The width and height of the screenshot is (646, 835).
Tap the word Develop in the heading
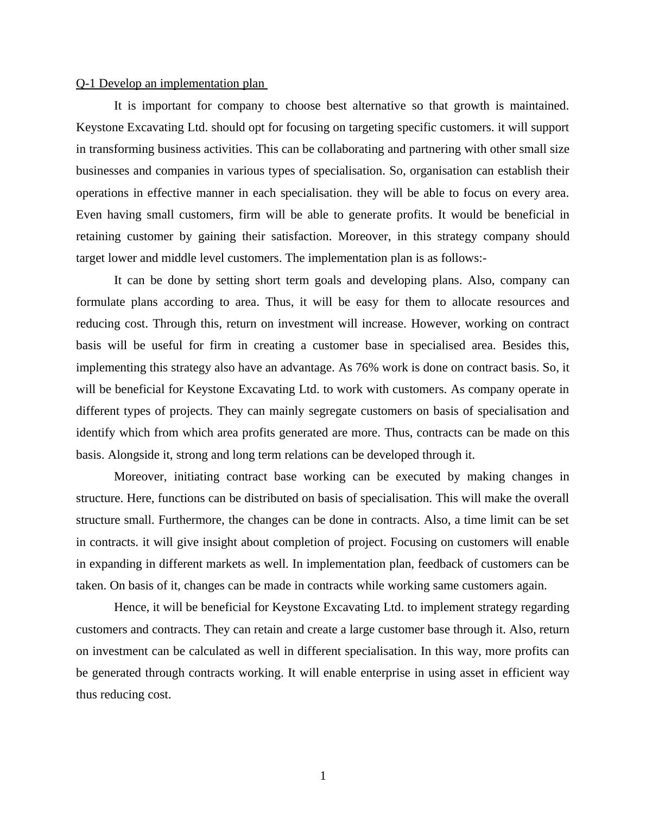click(119, 83)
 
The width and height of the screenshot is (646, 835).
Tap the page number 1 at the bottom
click(323, 776)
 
